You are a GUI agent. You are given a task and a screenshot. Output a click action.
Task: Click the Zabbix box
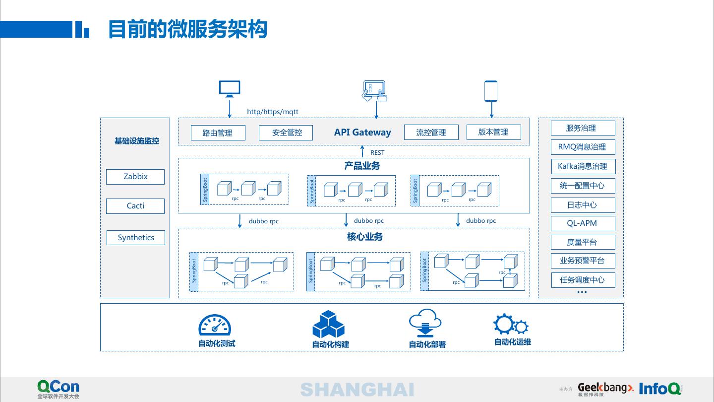coord(135,177)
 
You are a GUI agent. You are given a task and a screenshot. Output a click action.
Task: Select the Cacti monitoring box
coord(135,206)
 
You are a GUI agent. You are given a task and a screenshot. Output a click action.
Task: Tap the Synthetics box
coord(136,237)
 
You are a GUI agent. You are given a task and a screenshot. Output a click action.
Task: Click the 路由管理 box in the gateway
coord(218,133)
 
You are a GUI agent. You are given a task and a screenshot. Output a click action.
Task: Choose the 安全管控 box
coord(286,133)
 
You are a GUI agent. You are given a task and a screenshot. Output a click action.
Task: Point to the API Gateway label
coord(362,132)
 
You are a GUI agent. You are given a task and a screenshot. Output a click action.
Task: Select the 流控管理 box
coord(430,133)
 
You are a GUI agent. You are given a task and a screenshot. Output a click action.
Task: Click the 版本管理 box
coord(493,132)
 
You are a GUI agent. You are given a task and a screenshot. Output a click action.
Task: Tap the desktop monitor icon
coord(230,89)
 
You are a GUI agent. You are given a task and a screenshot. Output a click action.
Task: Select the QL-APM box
coord(583,223)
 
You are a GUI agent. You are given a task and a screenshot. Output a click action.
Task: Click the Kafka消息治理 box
coord(583,166)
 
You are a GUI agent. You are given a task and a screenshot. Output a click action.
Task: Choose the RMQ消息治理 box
coord(583,147)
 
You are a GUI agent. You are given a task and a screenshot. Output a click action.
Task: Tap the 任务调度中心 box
coord(583,280)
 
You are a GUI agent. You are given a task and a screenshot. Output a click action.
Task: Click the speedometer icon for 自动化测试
coord(215,325)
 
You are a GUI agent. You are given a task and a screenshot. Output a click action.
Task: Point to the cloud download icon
coord(425,323)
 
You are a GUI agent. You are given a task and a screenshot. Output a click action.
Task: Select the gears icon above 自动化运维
coord(511,325)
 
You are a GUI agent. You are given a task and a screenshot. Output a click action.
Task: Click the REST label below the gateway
coord(377,152)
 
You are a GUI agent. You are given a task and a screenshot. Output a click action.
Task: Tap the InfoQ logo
coord(660,389)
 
